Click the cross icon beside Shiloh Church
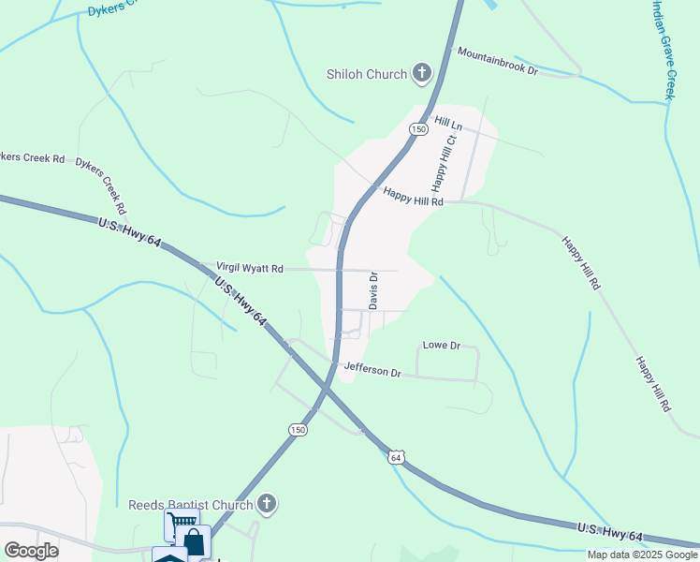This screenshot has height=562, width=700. tap(422, 74)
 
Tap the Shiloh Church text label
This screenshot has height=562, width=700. tap(366, 75)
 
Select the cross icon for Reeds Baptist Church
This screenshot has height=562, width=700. tap(268, 505)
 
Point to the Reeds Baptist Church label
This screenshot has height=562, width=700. tap(191, 506)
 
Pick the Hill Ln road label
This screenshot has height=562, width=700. tap(448, 124)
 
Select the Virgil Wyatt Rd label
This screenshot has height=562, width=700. tap(250, 268)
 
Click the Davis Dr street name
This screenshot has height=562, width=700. tap(372, 291)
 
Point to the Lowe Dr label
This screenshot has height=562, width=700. tap(442, 346)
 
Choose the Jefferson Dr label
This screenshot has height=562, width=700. tap(372, 371)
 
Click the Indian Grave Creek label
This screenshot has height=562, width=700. tap(663, 49)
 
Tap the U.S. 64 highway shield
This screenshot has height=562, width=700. tap(397, 457)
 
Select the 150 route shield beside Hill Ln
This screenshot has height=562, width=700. tap(419, 128)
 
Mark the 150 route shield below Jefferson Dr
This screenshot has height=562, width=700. tap(297, 429)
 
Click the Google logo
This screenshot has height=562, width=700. tap(31, 550)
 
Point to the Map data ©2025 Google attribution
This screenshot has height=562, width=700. tap(642, 555)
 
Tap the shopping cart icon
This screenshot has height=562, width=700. tap(181, 523)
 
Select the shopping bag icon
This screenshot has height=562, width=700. tap(194, 541)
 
